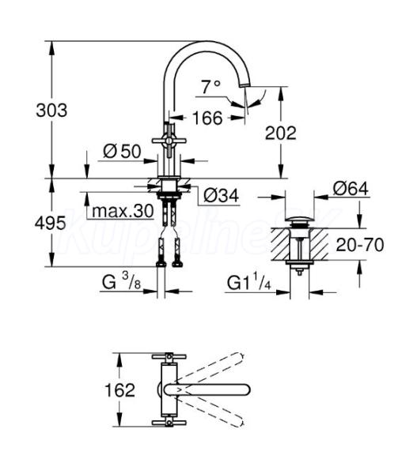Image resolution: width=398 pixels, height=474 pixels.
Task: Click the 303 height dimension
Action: pos(51,111)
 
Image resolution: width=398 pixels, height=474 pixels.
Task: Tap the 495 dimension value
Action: pos(50,224)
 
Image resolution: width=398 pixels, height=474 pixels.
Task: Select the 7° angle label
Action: pos(211,87)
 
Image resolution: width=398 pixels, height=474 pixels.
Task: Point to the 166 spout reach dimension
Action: pos(207,118)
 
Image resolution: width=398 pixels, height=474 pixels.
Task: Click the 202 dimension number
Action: pos(281,133)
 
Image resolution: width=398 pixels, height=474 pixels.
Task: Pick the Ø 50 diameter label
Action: pos(122,151)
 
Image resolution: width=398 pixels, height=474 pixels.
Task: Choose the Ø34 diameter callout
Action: pos(222,196)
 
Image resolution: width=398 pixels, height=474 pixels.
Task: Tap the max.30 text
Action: pos(123,211)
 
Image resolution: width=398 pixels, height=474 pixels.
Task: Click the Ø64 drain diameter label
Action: pos(351,189)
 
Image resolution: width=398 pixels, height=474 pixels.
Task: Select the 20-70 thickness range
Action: pos(360,245)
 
